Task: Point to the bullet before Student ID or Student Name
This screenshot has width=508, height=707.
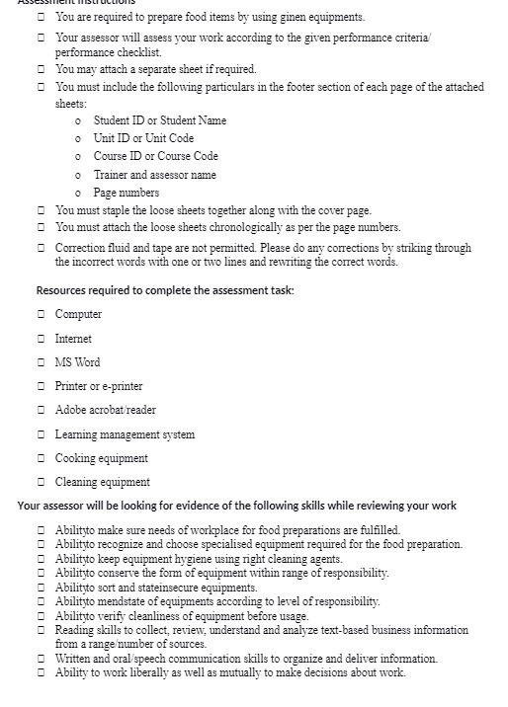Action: pyautogui.click(x=78, y=120)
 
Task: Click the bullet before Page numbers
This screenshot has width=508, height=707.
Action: pyautogui.click(x=78, y=193)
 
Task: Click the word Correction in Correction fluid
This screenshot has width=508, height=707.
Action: pyautogui.click(x=80, y=246)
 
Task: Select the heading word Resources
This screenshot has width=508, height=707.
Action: pyautogui.click(x=64, y=289)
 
